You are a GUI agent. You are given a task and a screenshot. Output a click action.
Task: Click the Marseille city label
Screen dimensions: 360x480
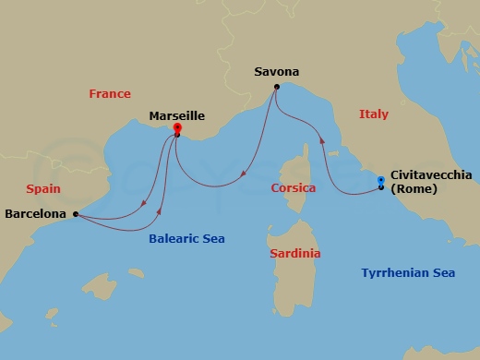tap(176, 116)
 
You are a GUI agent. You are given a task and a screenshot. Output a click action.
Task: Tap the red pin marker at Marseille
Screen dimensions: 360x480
tap(176, 129)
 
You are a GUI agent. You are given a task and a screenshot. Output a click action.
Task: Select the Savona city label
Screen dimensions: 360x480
tap(277, 71)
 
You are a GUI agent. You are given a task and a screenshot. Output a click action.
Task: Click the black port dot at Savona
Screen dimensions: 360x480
tap(276, 88)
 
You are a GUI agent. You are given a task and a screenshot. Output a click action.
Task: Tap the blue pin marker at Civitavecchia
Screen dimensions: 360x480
tap(381, 180)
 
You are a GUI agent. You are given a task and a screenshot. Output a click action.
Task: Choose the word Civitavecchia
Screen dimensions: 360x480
tap(432, 174)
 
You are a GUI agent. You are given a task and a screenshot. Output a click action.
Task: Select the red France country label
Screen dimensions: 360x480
tap(110, 93)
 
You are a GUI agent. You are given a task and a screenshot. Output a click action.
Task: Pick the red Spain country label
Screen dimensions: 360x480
tap(43, 187)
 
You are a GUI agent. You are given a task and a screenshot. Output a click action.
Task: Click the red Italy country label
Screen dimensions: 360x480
tap(373, 114)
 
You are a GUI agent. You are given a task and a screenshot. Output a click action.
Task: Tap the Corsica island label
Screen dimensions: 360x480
tap(294, 188)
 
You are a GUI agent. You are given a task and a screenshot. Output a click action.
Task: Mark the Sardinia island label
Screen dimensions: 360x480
tap(295, 253)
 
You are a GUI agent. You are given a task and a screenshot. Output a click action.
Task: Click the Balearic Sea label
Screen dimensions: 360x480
tap(186, 238)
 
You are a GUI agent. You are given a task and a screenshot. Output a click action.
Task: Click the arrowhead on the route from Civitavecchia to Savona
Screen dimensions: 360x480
tap(322, 141)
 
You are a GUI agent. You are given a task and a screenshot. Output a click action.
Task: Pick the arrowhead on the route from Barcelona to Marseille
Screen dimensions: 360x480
tap(160, 210)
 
